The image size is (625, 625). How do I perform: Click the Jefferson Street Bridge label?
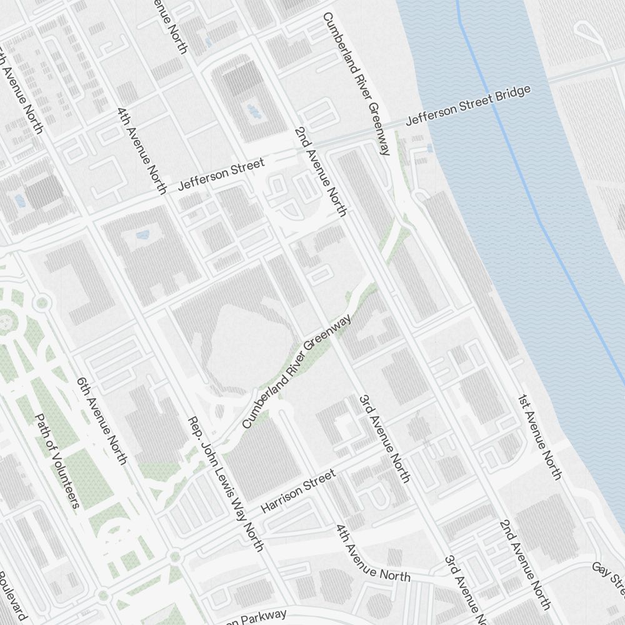click(468, 105)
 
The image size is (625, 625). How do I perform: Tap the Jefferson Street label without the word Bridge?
click(221, 174)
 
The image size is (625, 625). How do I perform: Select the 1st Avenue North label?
click(539, 436)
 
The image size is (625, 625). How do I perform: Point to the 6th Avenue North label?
click(101, 421)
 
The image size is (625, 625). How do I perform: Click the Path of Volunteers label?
click(57, 460)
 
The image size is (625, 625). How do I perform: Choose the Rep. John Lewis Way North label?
click(226, 484)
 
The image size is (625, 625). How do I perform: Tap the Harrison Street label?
click(298, 491)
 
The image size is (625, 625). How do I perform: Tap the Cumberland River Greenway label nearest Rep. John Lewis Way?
click(296, 371)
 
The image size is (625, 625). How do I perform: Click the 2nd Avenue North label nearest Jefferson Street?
click(319, 171)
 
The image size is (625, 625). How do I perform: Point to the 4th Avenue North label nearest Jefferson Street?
click(142, 149)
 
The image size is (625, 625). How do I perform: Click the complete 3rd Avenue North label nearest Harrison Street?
click(384, 438)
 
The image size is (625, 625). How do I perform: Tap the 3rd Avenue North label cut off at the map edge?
click(463, 587)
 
